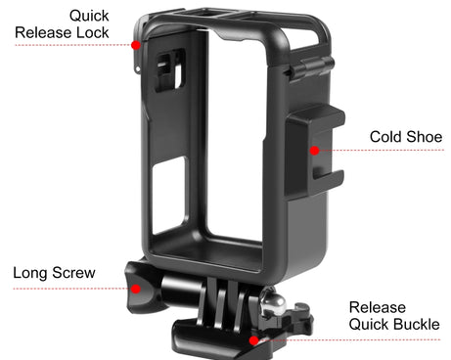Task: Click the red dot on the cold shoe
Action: (x=314, y=151)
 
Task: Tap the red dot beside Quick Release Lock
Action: (x=138, y=45)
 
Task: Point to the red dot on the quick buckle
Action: (x=254, y=339)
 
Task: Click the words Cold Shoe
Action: (x=406, y=136)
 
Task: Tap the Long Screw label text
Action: (x=54, y=272)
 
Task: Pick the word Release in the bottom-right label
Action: (x=377, y=307)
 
